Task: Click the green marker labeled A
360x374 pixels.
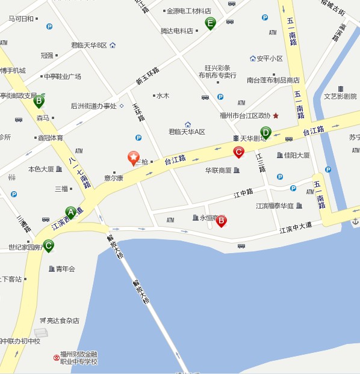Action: [x=70, y=212]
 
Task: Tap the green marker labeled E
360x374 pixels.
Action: [x=210, y=23]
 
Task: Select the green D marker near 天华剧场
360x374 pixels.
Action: [x=265, y=132]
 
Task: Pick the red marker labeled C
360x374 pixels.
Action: [x=238, y=152]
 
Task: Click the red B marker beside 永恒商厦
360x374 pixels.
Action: [x=221, y=221]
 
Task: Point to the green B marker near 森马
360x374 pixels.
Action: [x=39, y=100]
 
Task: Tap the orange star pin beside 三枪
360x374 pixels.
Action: [x=133, y=158]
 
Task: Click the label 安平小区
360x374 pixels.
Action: [x=269, y=58]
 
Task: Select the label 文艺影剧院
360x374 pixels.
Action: [x=340, y=96]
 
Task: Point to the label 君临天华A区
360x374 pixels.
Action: [x=187, y=132]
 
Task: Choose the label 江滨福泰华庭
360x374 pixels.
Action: [x=275, y=206]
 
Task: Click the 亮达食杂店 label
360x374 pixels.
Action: [x=63, y=320]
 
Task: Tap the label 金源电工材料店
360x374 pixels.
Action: [x=188, y=11]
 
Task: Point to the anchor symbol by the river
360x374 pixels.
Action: [x=355, y=222]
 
